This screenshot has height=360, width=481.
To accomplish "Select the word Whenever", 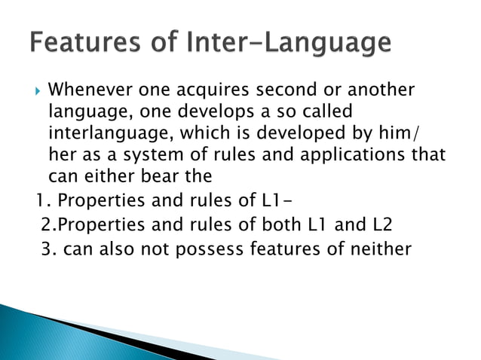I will [90, 91].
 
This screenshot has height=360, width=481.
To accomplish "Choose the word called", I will [326, 113].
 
